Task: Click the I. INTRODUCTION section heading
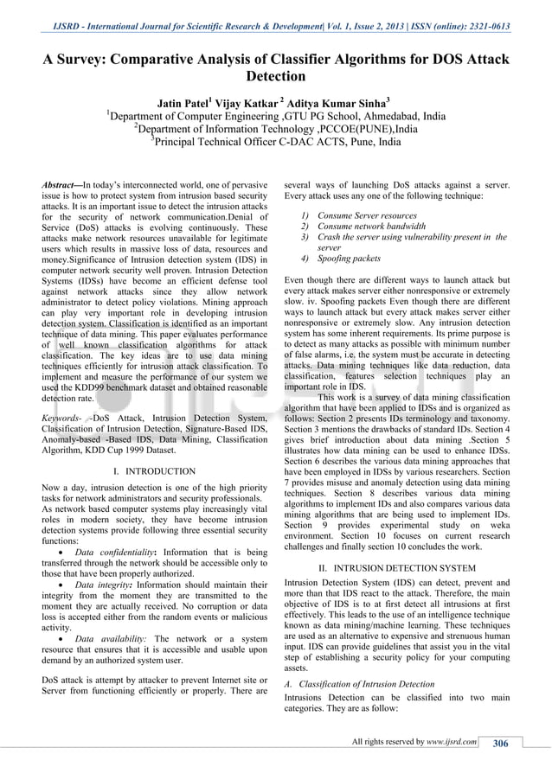154,471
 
